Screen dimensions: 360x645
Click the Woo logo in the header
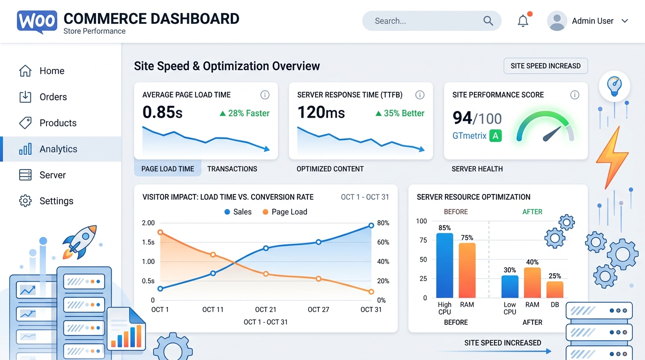click(x=37, y=22)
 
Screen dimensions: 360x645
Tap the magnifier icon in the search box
click(x=488, y=21)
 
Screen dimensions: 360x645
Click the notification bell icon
click(x=523, y=21)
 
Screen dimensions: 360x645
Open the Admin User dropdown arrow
click(x=624, y=21)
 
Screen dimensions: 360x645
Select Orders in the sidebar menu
click(x=52, y=97)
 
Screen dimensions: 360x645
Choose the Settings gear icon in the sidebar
click(x=25, y=201)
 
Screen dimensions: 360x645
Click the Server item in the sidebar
click(x=52, y=175)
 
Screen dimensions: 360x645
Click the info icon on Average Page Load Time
click(x=265, y=95)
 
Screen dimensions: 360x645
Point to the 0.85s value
click(x=162, y=112)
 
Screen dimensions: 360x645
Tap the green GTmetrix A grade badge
click(x=495, y=136)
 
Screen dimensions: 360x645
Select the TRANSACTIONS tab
click(x=232, y=169)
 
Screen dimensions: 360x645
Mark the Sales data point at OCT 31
click(x=371, y=225)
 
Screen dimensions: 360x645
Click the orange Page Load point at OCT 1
click(x=160, y=232)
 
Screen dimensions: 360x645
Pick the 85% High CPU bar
click(x=444, y=265)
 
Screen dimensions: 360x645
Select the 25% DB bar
click(x=555, y=289)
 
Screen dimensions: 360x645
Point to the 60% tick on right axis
click(x=383, y=242)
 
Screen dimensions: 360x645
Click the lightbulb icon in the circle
click(x=614, y=86)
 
